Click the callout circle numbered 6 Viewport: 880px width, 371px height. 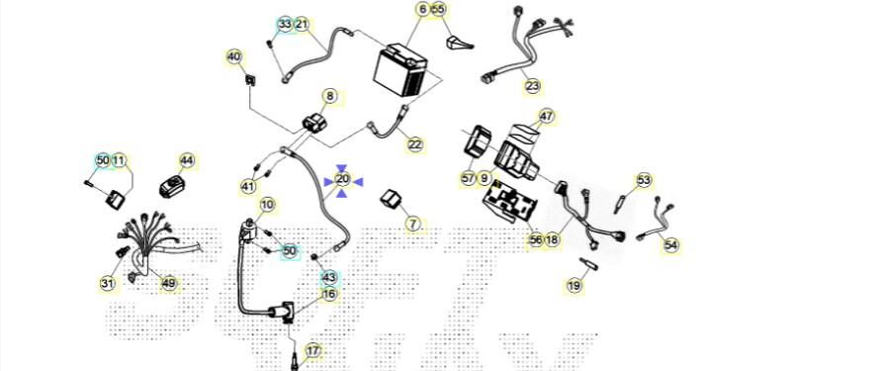422,10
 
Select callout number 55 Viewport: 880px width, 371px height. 439,10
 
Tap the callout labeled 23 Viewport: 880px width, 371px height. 532,86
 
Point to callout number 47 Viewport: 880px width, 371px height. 546,117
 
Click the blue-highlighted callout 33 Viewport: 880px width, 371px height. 286,25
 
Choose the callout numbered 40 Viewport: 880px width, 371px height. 234,56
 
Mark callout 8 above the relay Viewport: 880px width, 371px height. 330,97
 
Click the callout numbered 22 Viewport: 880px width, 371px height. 414,144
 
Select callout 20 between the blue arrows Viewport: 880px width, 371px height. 342,179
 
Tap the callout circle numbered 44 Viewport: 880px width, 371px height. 186,161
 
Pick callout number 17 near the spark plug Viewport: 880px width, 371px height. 312,351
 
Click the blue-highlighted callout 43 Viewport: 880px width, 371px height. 329,277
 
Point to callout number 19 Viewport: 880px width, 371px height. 573,286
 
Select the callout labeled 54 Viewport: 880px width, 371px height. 670,245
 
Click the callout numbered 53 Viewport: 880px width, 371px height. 644,180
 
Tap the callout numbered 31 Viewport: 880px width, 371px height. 107,283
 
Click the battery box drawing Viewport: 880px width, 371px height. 400,73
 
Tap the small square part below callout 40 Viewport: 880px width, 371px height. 250,79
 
